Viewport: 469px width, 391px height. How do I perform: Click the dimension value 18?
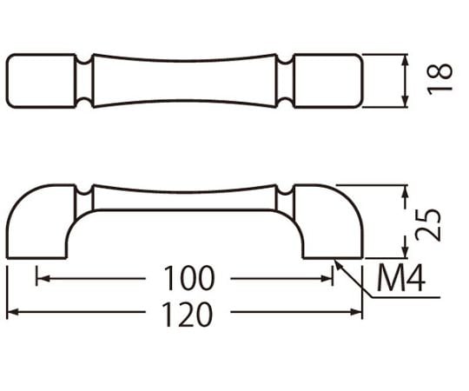tap(439, 79)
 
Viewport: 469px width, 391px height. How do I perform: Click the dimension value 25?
tap(428, 225)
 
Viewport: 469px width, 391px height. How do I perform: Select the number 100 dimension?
tap(189, 278)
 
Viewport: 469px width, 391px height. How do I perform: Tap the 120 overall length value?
tap(188, 315)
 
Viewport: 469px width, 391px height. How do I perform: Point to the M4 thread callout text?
tap(400, 278)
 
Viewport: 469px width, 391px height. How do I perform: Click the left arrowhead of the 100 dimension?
tap(43, 279)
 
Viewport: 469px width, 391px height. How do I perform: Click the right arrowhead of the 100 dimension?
tap(326, 279)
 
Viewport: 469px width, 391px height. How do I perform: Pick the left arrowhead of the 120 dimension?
tap(13, 312)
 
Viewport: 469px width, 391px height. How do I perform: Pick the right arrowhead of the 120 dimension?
tap(355, 312)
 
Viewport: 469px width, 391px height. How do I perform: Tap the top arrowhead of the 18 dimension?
tap(405, 61)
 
